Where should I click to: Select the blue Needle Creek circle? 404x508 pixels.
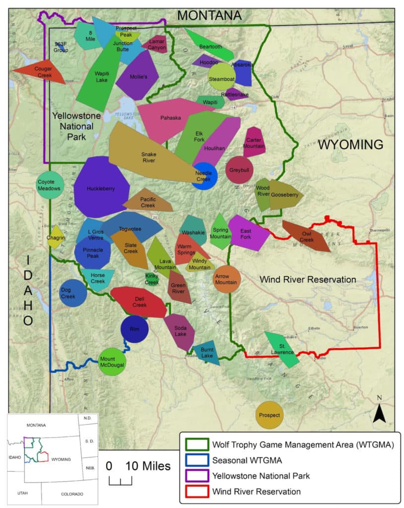204,176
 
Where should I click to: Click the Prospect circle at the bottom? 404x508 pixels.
269,415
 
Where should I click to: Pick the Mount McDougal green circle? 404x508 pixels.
112,362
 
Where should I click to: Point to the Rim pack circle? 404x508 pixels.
135,329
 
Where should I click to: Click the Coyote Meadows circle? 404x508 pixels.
50,185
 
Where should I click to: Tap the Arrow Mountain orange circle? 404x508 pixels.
226,279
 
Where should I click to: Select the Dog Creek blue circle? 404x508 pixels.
73,293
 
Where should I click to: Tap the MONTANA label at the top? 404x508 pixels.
209,15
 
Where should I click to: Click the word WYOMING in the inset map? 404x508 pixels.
61,459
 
